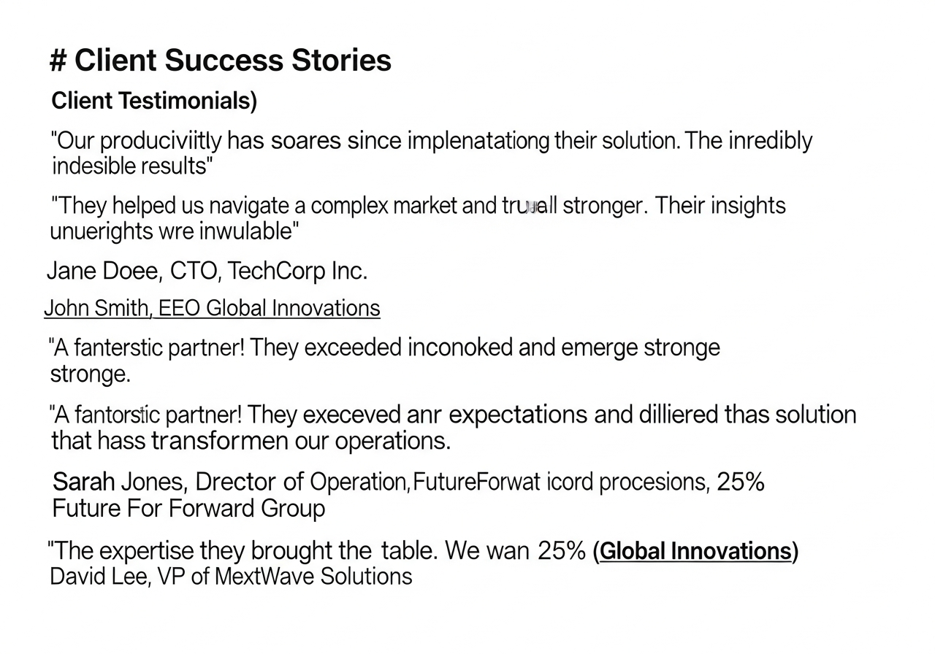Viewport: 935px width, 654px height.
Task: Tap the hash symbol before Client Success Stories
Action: click(x=58, y=61)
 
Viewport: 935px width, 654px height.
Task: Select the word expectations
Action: click(x=518, y=415)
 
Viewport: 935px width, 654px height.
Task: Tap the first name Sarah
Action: click(x=84, y=482)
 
